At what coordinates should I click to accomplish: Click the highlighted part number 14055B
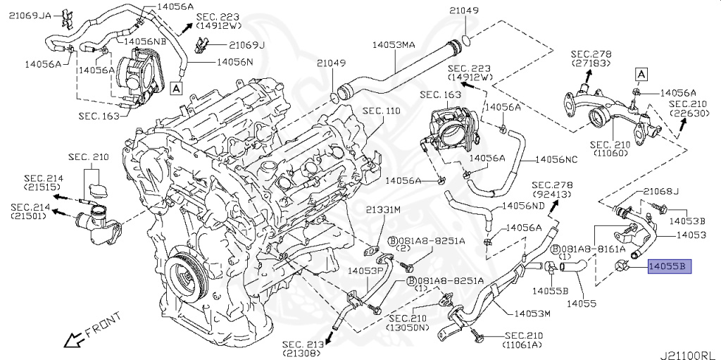click(x=670, y=266)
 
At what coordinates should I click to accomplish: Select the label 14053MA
click(x=394, y=44)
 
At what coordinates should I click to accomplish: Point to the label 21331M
click(x=382, y=210)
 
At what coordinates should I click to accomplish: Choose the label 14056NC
click(x=560, y=160)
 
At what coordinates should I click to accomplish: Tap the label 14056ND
click(x=522, y=206)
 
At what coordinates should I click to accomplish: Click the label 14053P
click(x=365, y=269)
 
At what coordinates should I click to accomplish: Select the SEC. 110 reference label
click(x=381, y=111)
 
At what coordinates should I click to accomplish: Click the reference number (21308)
click(x=302, y=353)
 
